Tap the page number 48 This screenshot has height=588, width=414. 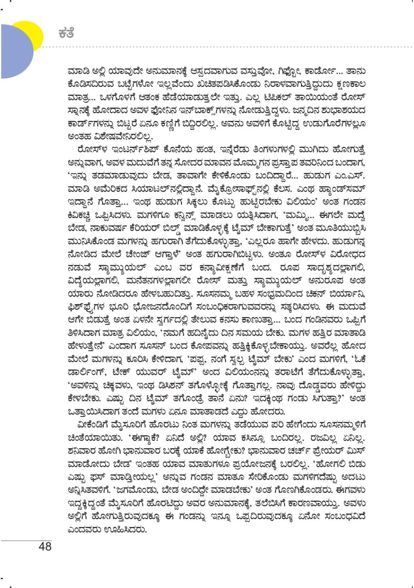45,546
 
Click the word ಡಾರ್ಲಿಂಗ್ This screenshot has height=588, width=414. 88,373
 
